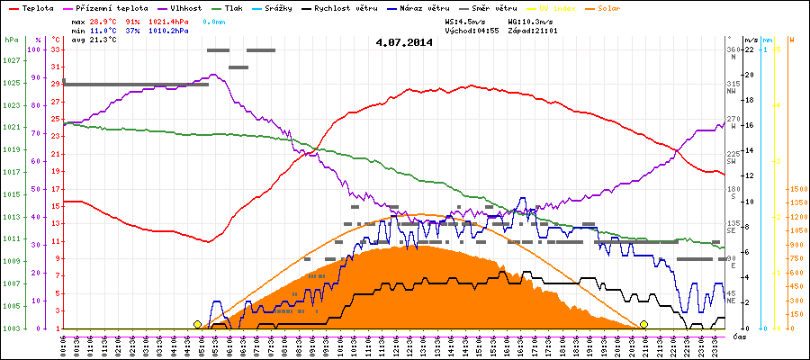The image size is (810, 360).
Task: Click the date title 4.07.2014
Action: (404, 41)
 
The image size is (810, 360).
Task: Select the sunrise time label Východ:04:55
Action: (472, 30)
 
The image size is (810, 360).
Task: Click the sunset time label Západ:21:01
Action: (533, 30)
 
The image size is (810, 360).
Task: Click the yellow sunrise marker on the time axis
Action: (197, 324)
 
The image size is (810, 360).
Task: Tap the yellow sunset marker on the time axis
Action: (643, 324)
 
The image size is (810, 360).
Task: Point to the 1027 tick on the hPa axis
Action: (11, 60)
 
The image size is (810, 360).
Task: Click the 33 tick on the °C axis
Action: (56, 49)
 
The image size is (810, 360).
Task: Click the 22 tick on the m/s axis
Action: (749, 49)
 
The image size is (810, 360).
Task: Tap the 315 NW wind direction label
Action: (733, 86)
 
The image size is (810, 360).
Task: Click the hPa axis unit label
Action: (11, 40)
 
